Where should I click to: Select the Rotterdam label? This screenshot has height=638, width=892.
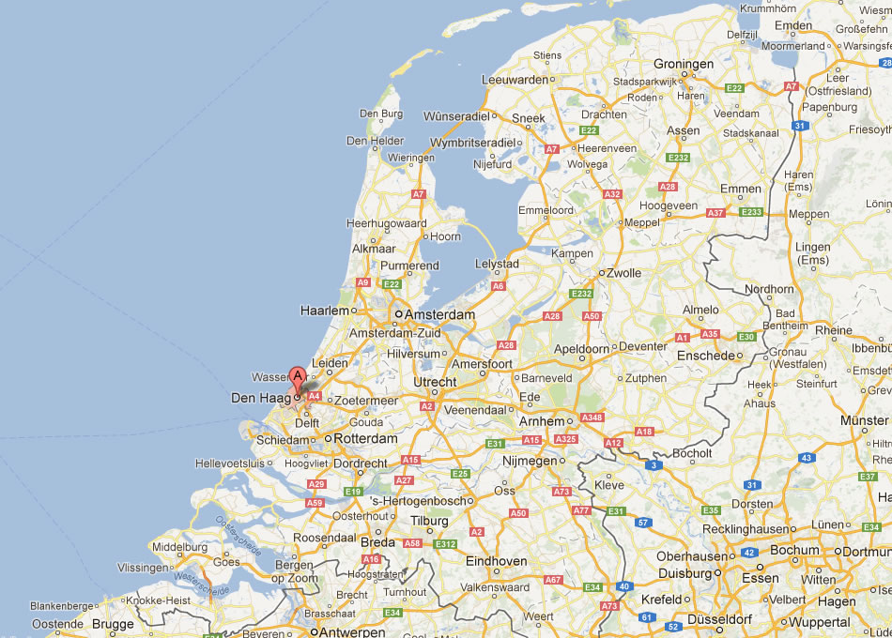[x=366, y=438]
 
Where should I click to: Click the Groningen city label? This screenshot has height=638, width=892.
[x=684, y=64]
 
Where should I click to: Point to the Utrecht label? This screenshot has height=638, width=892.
[x=435, y=382]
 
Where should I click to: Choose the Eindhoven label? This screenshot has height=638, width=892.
[x=497, y=561]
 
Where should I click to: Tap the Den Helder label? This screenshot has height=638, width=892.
[x=376, y=141]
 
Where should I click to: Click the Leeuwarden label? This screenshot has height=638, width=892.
[x=515, y=80]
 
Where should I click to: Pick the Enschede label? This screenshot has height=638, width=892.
[x=705, y=356]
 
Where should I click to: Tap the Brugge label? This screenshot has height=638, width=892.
[x=113, y=623]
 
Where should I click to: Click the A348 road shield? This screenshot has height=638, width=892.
[x=592, y=418]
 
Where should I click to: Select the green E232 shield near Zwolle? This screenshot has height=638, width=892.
[x=582, y=294]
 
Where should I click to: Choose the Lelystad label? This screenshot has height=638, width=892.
[x=498, y=264]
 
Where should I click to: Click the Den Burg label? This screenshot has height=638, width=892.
[x=381, y=114]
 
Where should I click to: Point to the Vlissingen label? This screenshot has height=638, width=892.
[x=143, y=568]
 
